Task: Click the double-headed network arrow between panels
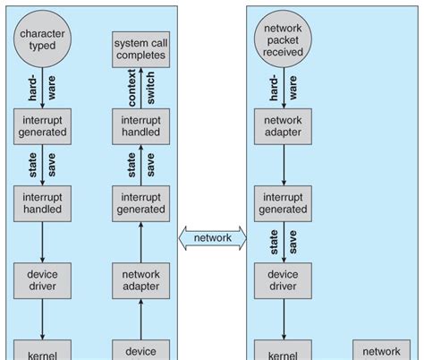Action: (x=212, y=238)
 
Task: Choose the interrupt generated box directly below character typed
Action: (x=41, y=126)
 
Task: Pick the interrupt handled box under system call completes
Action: (x=140, y=126)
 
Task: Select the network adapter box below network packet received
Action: (x=284, y=126)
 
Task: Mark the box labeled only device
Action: (x=140, y=350)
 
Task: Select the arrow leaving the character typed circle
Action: (x=41, y=90)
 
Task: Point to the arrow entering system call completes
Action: (x=140, y=89)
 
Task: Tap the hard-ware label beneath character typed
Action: (x=41, y=87)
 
